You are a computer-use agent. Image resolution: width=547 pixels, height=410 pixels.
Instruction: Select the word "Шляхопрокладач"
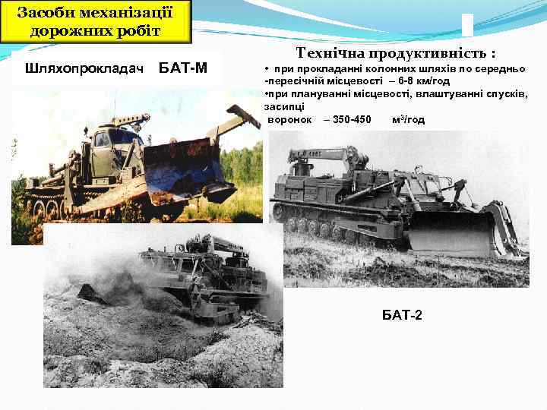(84, 68)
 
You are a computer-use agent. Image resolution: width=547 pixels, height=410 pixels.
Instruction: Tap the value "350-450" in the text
(352, 120)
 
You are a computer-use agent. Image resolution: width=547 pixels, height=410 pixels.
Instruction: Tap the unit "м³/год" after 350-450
(409, 120)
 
